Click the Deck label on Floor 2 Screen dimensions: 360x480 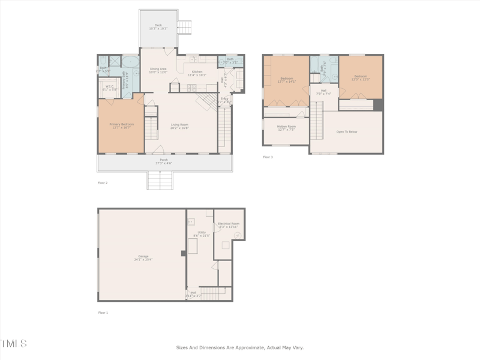(158, 25)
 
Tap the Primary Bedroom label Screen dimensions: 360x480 (122, 124)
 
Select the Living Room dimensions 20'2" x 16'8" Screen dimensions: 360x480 (179, 128)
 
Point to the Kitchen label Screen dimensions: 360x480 (197, 71)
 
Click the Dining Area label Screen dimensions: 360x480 (158, 69)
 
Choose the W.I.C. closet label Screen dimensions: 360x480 (109, 86)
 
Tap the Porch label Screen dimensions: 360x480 (163, 160)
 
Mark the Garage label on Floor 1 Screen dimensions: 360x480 (143, 256)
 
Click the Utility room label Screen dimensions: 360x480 (201, 232)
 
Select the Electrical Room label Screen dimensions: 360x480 (229, 223)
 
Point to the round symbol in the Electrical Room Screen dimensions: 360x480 (238, 236)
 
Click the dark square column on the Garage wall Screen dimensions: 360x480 (184, 253)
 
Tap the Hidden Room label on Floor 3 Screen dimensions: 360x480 (286, 127)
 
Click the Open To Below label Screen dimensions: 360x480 (346, 131)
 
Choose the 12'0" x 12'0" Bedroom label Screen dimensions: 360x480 (361, 76)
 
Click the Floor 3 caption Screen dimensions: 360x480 (268, 157)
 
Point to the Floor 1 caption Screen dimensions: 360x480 (103, 313)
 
